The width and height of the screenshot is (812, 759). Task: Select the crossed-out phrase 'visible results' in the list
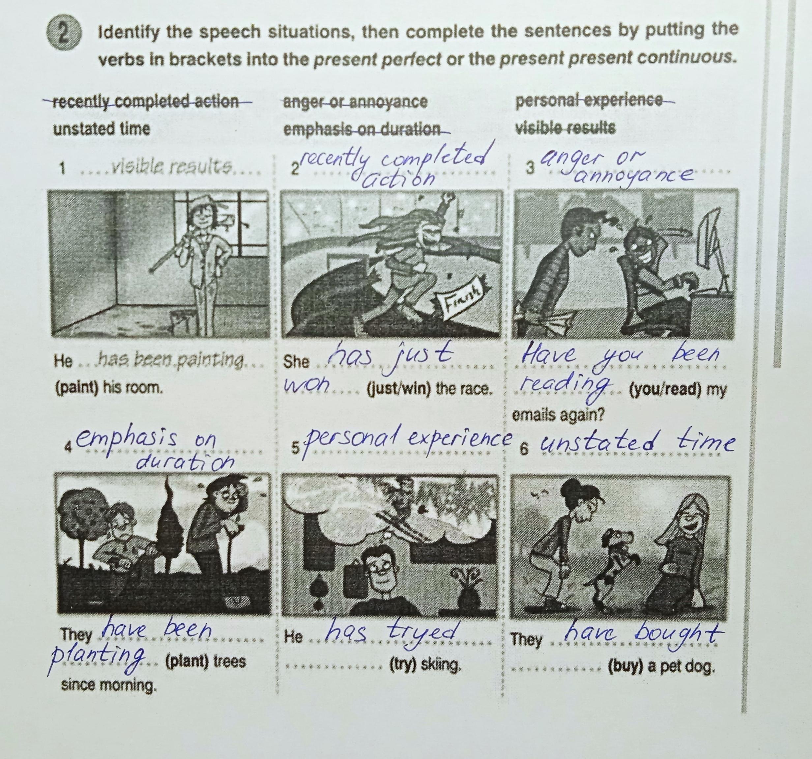tap(565, 128)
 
